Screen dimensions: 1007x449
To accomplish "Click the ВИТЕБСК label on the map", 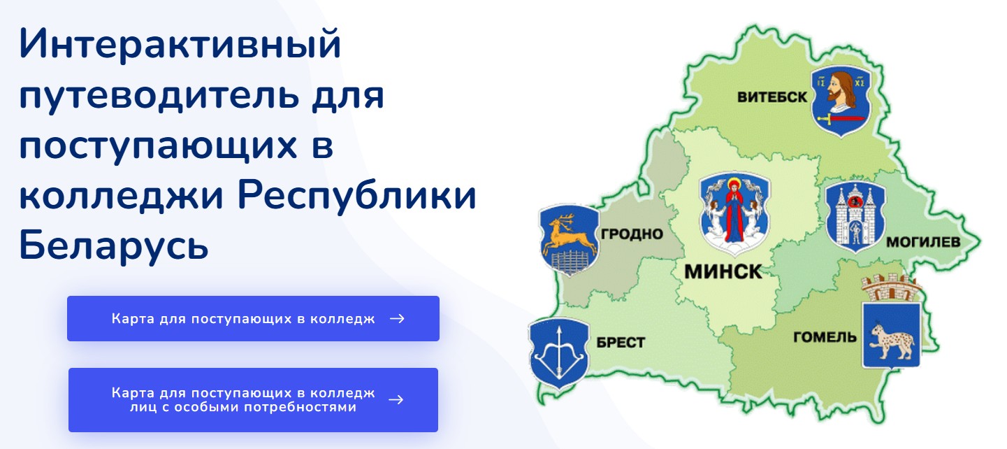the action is coord(772,97).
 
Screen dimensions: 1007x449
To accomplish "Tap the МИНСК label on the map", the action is coord(723,272).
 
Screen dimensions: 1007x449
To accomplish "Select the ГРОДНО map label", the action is coord(632,234).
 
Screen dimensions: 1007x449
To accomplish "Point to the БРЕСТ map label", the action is coord(621,343).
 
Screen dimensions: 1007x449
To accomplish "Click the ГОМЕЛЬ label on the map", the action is coord(825,337).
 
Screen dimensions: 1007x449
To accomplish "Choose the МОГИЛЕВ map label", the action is coord(923,242).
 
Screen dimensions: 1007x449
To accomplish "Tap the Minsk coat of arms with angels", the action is coord(734,214).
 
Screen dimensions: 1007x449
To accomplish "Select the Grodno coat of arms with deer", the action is coord(570,241).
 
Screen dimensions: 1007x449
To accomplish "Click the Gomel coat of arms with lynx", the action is coord(891,335).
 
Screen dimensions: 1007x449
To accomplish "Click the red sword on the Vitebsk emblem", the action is coord(841,119).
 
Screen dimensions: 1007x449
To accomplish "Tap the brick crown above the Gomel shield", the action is coord(890,288).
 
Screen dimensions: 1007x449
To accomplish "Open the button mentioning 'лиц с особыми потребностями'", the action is coord(253,400).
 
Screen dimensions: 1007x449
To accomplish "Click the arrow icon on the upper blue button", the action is coord(397,318).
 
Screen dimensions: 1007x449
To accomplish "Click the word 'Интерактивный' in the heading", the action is coord(180,43).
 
